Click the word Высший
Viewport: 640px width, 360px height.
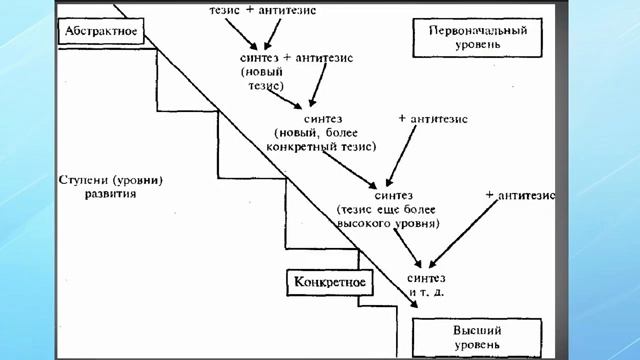coord(477,330)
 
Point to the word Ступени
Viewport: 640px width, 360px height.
coord(80,180)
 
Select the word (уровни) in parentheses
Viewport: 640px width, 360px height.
coord(136,180)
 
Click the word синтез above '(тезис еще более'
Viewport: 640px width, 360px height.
coord(392,196)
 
